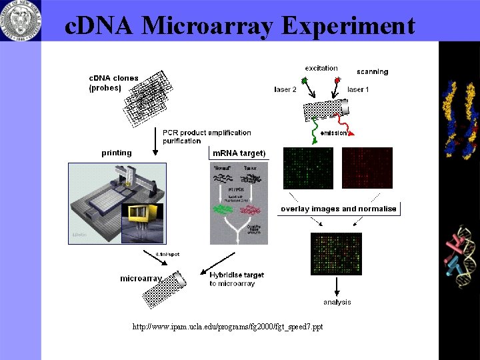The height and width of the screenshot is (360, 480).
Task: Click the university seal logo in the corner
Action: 20,19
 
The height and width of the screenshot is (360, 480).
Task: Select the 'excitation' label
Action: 321,68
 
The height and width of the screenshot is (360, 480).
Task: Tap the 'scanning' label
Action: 372,71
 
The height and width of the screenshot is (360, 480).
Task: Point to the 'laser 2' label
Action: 285,89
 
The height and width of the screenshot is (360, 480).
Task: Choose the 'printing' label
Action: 117,153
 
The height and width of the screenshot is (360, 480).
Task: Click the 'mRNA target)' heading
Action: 239,153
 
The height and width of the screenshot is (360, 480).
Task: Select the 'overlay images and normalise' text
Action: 339,209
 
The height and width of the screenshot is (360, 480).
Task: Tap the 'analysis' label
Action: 337,302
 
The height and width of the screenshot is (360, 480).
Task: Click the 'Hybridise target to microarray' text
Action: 237,279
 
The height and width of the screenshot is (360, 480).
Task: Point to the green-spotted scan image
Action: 307,168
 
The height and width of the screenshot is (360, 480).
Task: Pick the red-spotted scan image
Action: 367,168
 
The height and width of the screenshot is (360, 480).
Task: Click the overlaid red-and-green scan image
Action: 337,254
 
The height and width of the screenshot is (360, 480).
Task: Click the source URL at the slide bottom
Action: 227,327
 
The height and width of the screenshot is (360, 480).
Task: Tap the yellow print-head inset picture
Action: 142,221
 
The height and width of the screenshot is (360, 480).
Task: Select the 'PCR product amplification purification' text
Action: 207,137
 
